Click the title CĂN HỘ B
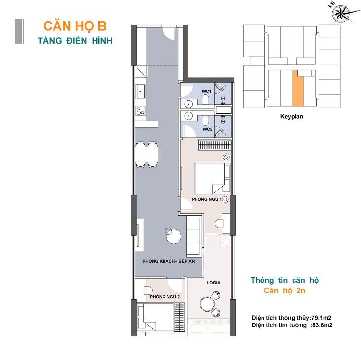[x=75, y=25]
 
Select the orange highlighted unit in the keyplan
[x=297, y=88]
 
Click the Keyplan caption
[x=292, y=116]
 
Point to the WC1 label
[x=206, y=91]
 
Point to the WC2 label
[x=207, y=129]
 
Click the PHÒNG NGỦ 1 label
[x=206, y=199]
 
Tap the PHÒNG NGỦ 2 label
[x=164, y=297]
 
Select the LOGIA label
[x=213, y=283]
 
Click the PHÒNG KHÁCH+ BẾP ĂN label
[x=168, y=261]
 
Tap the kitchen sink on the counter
[x=140, y=91]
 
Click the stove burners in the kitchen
[x=140, y=110]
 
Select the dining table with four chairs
[x=147, y=154]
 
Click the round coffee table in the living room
[x=174, y=236]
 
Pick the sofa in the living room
[x=193, y=236]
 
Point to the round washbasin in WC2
[x=189, y=116]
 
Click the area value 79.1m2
[x=322, y=318]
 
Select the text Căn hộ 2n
[x=285, y=291]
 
